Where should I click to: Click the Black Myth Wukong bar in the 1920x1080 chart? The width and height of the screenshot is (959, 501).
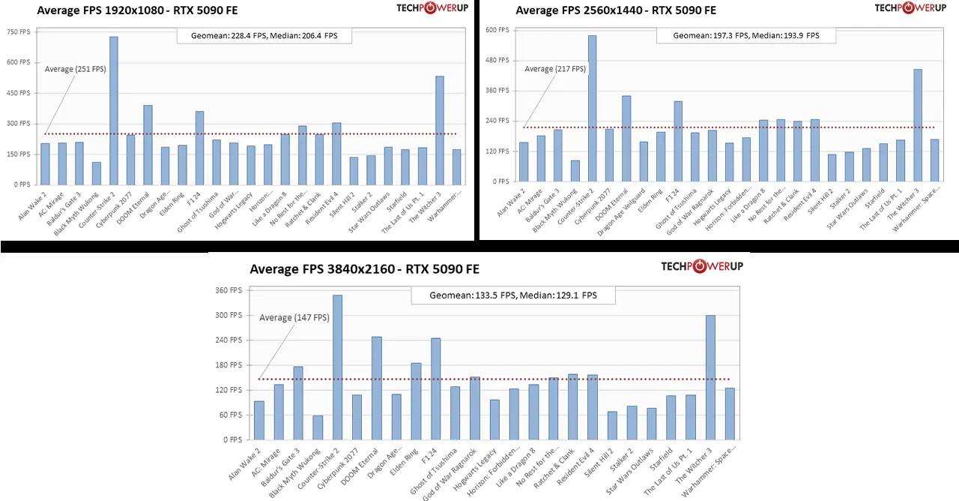(x=96, y=173)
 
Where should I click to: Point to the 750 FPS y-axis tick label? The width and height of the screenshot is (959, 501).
(x=19, y=32)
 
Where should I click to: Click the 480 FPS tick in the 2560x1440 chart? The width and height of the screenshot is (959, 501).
(x=497, y=60)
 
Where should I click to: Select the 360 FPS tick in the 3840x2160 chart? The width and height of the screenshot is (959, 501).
(x=229, y=290)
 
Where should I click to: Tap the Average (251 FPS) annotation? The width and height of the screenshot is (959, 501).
(x=76, y=69)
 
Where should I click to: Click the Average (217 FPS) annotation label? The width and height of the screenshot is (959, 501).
(x=555, y=69)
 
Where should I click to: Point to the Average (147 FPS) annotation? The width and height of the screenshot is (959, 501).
(x=294, y=318)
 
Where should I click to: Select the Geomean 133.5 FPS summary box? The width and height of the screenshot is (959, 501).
(x=513, y=295)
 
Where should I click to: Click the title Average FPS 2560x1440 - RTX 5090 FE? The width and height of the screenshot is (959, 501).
(x=616, y=10)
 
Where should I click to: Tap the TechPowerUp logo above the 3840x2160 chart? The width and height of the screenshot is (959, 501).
(x=702, y=266)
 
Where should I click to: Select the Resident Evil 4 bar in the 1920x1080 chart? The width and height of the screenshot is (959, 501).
(x=336, y=154)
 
